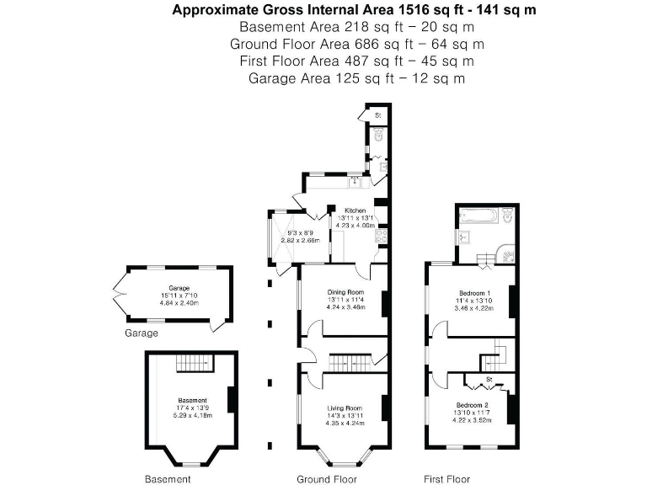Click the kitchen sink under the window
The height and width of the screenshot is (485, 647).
(354, 180)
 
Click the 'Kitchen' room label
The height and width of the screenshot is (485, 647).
(354, 209)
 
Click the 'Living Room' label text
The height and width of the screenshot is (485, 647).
(341, 408)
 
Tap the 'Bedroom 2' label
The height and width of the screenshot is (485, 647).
(472, 404)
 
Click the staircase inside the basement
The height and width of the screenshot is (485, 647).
(194, 363)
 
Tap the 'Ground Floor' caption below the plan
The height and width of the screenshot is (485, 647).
(326, 479)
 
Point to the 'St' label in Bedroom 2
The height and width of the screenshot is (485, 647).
(488, 381)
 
